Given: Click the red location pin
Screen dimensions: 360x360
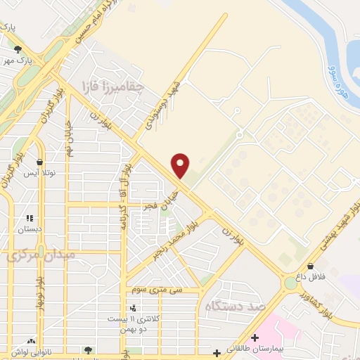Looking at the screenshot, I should [x=181, y=165].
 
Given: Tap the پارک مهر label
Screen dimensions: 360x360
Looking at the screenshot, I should [x=18, y=60].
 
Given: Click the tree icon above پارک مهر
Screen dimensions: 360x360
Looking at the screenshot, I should [x=18, y=49].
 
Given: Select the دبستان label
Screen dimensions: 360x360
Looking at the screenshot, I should [x=30, y=229].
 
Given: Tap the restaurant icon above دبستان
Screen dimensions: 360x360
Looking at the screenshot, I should [x=30, y=218].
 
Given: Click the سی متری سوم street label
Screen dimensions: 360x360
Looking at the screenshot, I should [x=162, y=290].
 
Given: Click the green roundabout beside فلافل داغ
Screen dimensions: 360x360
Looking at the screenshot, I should [x=290, y=283].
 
